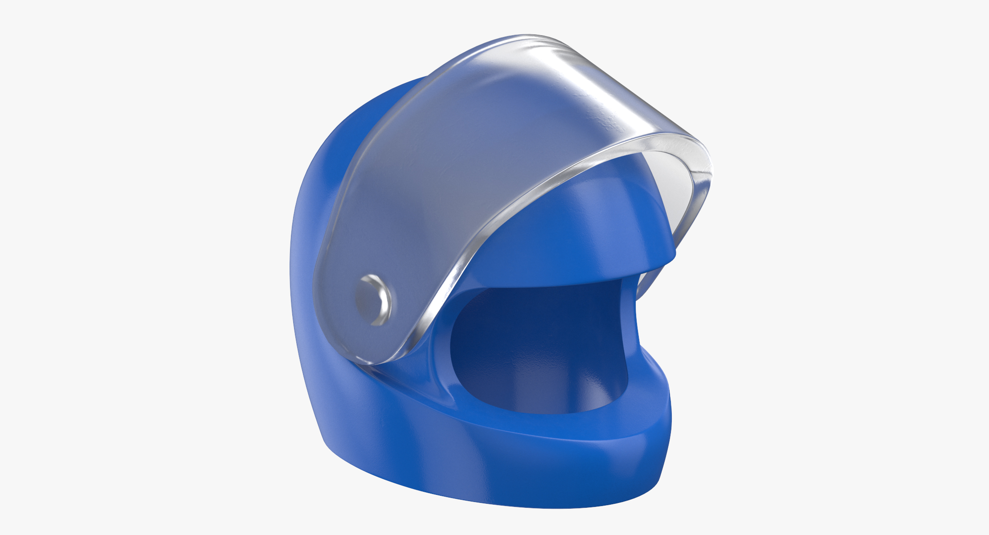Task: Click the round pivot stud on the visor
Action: pos(373,299)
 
